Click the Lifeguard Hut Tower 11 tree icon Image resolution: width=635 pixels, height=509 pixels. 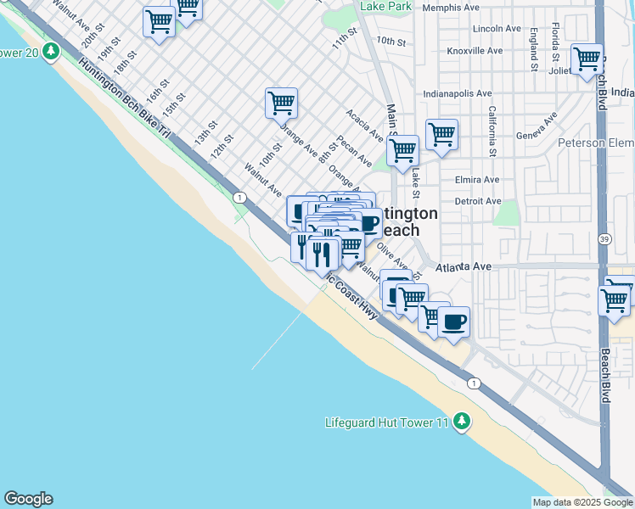461,421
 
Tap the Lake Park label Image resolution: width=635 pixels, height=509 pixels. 385,6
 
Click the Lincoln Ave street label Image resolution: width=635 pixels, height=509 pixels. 496,28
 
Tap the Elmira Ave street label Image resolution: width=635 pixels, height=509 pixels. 477,180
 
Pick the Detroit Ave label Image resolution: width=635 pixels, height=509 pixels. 477,202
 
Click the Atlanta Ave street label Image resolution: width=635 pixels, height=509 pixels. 464,267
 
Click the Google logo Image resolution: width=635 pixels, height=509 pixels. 28,499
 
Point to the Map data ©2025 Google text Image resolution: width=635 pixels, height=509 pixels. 582,502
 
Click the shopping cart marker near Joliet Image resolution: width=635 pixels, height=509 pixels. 587,60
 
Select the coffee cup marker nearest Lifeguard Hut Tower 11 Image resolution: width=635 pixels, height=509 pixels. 453,322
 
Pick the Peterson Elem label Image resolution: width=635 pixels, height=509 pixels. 595,143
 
